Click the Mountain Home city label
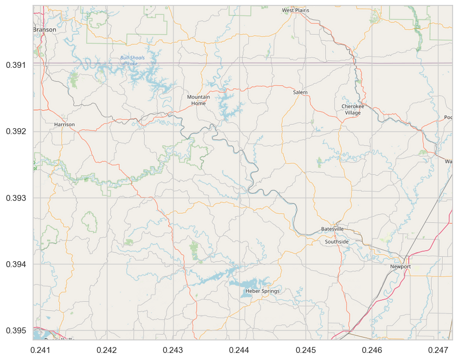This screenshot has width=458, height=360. coord(199,100)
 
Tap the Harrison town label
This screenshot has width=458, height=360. coord(65,124)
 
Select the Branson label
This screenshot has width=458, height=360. coord(44,30)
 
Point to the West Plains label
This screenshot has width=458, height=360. coord(295,10)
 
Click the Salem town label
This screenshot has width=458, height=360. coord(300,92)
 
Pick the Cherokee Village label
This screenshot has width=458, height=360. coord(352,109)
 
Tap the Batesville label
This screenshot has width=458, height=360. coord(332,229)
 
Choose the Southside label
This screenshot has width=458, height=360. coord(337,242)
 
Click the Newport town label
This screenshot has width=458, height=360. coord(400,267)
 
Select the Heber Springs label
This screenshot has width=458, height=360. coord(263,291)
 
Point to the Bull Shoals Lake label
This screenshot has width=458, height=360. coord(132,60)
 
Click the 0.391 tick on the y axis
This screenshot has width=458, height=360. coord(16,65)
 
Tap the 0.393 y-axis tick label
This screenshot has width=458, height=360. coord(16,198)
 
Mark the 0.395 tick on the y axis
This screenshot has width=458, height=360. coord(16,331)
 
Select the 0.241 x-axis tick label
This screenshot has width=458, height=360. coord(41,350)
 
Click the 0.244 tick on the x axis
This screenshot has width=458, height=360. coord(239,350)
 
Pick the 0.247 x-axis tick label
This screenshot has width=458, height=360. coord(438,350)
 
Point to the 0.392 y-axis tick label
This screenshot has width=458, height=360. coord(16,131)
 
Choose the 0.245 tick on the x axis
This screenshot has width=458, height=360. coord(306,350)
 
